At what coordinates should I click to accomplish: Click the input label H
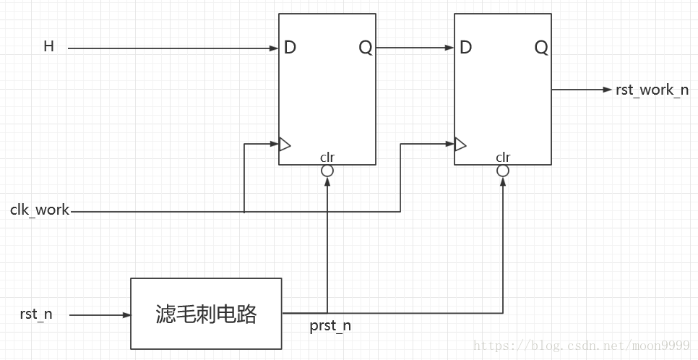coord(49,47)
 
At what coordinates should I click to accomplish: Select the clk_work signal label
coord(40,210)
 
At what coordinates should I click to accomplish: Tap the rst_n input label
coord(36,314)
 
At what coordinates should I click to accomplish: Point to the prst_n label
coord(330,326)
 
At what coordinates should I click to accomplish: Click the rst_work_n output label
coord(652,90)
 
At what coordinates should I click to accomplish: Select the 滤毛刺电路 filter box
coord(206,314)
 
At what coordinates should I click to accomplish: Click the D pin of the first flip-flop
coord(290,48)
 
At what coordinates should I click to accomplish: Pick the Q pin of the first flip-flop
coord(366,48)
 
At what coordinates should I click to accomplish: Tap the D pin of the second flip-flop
coord(465,48)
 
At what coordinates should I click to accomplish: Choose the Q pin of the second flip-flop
coord(541,48)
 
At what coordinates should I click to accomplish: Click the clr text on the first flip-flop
coord(327,157)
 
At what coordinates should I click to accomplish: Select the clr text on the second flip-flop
coord(503,157)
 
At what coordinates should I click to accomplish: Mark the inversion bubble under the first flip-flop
coord(327,171)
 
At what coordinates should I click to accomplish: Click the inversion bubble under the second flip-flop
coord(503,171)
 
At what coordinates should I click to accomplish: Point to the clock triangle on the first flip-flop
coord(285,145)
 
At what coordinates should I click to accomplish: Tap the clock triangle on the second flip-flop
coord(460,145)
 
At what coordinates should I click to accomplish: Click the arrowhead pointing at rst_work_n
coord(608,90)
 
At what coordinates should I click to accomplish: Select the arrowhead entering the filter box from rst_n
coord(126,315)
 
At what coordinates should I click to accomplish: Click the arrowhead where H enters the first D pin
coord(275,48)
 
